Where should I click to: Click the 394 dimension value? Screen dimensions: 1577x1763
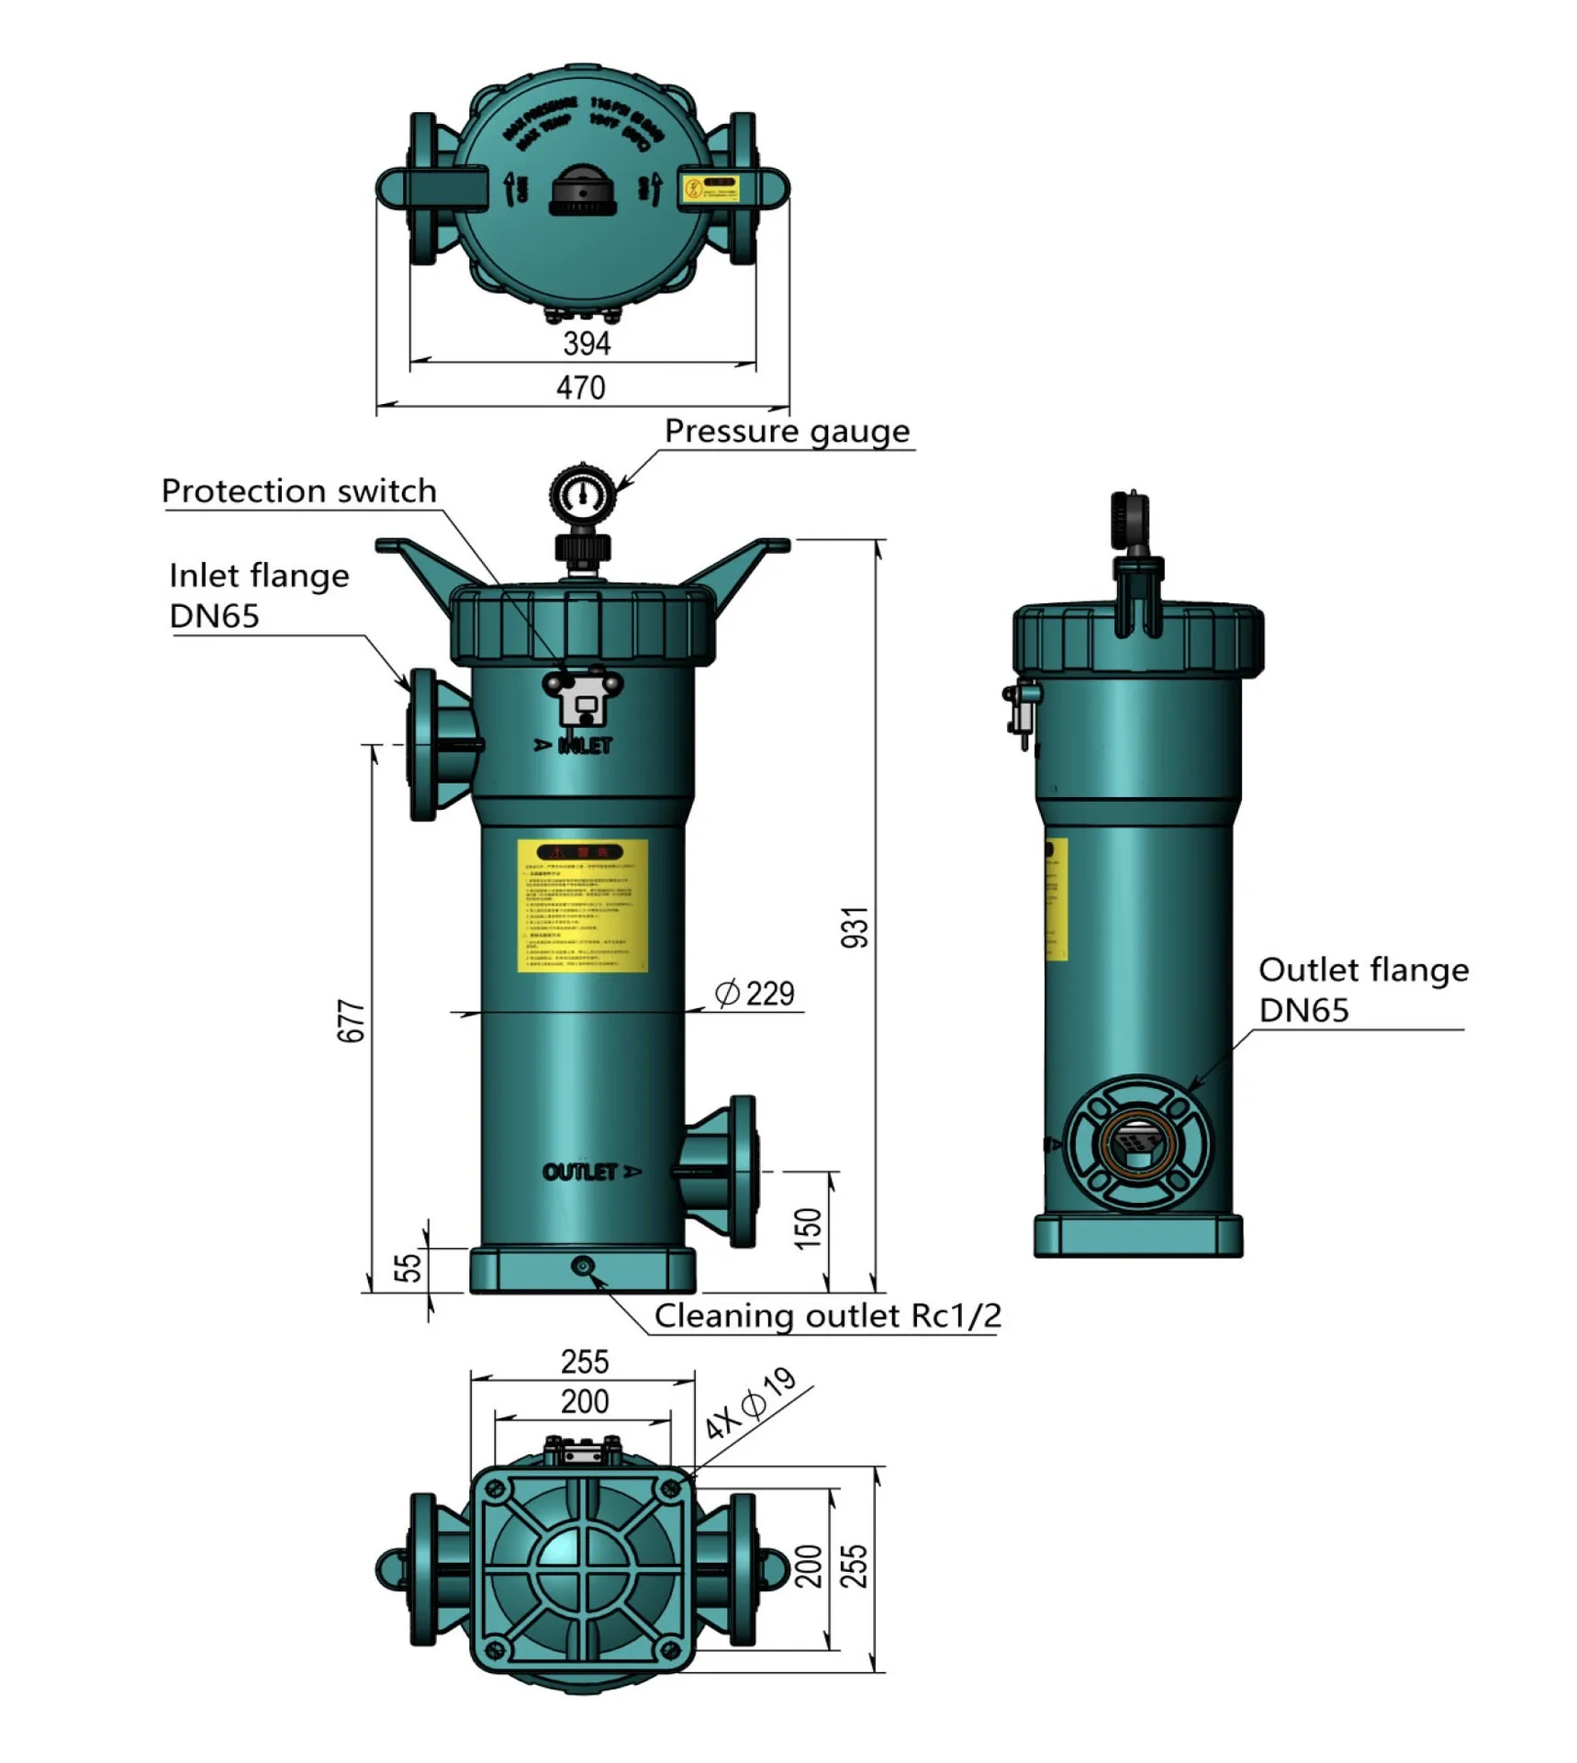click(x=586, y=343)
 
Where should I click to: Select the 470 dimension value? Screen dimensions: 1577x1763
click(x=580, y=387)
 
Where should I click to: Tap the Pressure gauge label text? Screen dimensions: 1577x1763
click(x=787, y=431)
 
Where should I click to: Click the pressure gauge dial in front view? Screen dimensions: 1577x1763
click(x=582, y=496)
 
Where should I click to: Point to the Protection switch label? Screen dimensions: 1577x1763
click(x=298, y=491)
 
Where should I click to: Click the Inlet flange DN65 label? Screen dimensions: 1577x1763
click(x=259, y=595)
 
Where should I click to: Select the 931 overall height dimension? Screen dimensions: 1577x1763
click(x=855, y=926)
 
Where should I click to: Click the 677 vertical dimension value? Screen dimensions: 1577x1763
click(x=352, y=1020)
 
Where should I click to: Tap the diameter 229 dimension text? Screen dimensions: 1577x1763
click(x=755, y=994)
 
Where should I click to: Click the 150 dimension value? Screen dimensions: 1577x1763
click(x=808, y=1228)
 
